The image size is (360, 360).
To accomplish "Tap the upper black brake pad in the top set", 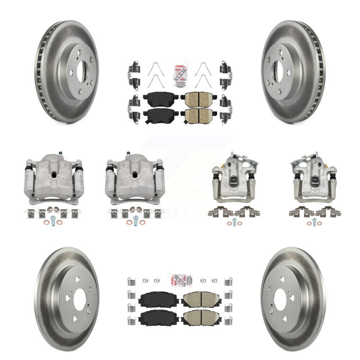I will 155,100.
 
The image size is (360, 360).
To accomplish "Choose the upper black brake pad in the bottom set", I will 154,300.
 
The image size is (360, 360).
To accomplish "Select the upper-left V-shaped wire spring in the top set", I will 153,68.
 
